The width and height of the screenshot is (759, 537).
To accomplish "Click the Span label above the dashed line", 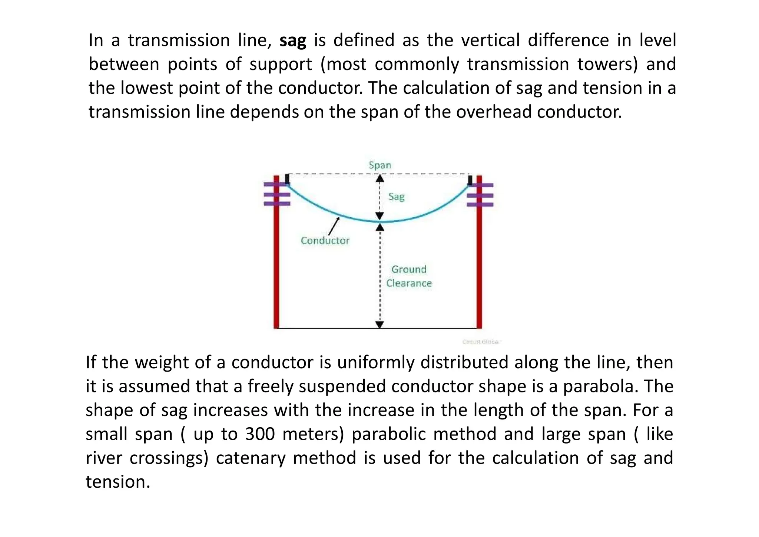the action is point(380,165).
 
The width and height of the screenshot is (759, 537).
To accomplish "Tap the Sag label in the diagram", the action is point(396,197).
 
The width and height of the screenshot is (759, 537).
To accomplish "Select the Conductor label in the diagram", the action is point(325,241).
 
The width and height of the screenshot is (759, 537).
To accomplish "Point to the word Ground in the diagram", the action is point(409,269).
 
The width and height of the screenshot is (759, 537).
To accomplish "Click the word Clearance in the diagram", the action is point(409,283).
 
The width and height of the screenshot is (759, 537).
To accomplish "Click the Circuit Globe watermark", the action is point(481,342).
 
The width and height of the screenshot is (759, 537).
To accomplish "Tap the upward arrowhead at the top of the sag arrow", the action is point(380,178).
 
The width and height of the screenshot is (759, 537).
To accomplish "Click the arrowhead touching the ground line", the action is point(380,325).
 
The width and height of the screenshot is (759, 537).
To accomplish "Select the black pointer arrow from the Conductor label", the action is point(334,227).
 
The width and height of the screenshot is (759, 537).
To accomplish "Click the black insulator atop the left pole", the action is point(287,179).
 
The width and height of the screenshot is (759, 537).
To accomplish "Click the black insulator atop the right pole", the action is point(470,180).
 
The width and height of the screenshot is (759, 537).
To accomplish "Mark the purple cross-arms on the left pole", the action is point(277,194).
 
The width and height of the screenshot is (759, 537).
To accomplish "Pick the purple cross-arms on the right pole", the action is point(480,195).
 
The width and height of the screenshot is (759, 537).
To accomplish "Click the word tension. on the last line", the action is point(118,482).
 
